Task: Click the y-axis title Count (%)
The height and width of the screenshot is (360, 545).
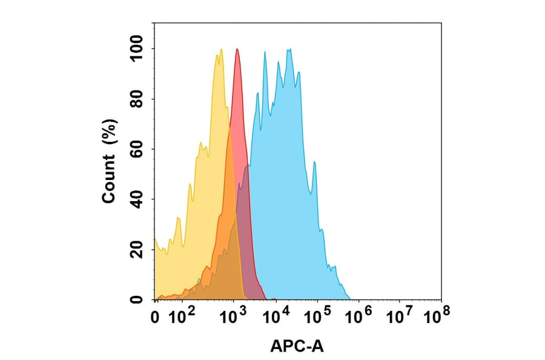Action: tap(110, 161)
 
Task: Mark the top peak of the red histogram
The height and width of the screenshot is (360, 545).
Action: tap(237, 49)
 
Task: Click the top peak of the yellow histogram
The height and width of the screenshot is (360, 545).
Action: tap(220, 50)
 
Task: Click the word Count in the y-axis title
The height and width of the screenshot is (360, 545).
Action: tap(110, 180)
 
